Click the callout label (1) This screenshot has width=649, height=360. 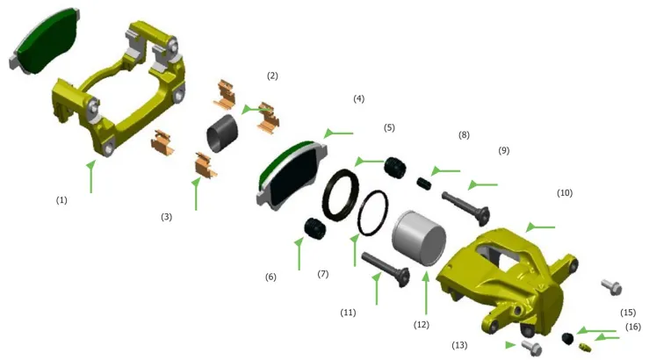pos(61,200)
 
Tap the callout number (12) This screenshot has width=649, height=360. pos(422,325)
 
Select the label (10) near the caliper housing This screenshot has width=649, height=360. pos(565,193)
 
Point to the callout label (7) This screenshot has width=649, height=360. pos(323,274)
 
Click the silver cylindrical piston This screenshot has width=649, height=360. pos(419,238)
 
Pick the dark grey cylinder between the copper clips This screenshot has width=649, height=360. pos(222,133)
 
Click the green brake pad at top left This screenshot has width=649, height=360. pos(43,41)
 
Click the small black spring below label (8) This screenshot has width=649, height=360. pos(423,184)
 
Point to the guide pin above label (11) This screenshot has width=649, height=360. pos(386,270)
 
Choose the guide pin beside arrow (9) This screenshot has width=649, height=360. pos(466,208)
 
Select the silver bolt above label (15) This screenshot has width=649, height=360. pos(612,287)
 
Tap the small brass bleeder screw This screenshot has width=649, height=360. pos(584,347)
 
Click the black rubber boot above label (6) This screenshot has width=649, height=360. pos(315,228)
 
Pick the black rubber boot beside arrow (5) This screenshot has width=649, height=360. pos(395,168)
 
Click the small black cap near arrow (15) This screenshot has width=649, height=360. pos(568,338)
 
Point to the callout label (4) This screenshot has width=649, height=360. pos(359,99)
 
